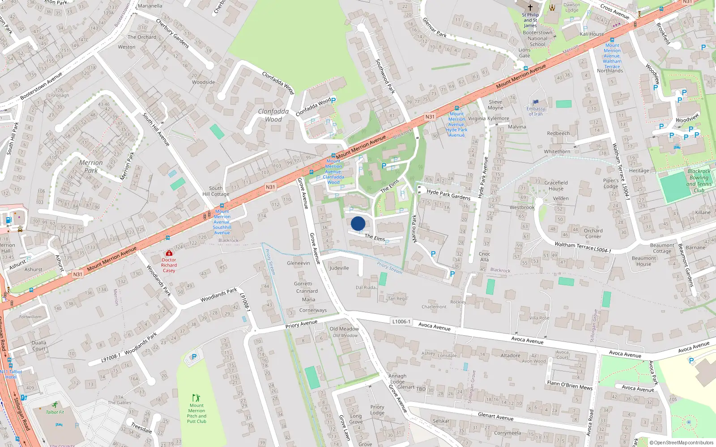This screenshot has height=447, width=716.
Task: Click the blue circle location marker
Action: tap(358, 223)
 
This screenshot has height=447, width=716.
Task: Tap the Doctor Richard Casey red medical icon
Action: tap(169, 253)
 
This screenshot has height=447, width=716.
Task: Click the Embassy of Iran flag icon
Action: tap(536, 102)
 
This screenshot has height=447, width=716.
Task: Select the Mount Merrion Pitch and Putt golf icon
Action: tap(196, 398)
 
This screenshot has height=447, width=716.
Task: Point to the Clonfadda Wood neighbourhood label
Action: tap(273, 115)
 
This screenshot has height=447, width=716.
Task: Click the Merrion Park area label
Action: tap(91, 166)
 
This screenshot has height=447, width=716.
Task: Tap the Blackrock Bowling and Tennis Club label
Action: tap(699, 181)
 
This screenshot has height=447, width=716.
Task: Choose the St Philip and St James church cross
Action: tap(530, 7)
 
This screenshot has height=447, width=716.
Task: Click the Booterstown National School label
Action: tap(537, 38)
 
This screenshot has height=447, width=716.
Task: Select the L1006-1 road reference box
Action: tap(401, 321)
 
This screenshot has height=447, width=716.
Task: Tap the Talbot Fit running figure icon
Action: tap(55, 405)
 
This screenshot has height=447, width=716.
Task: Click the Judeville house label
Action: tap(339, 268)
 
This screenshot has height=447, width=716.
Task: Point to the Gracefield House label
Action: tap(556, 186)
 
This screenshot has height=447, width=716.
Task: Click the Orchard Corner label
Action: tap(593, 233)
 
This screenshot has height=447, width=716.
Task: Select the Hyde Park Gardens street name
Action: tap(448, 194)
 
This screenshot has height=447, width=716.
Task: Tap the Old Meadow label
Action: tap(344, 329)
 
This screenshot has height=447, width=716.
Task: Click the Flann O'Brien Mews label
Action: tap(570, 385)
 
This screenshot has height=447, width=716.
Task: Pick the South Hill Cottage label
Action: tap(216, 191)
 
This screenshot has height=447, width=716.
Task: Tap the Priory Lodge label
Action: tap(377, 409)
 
